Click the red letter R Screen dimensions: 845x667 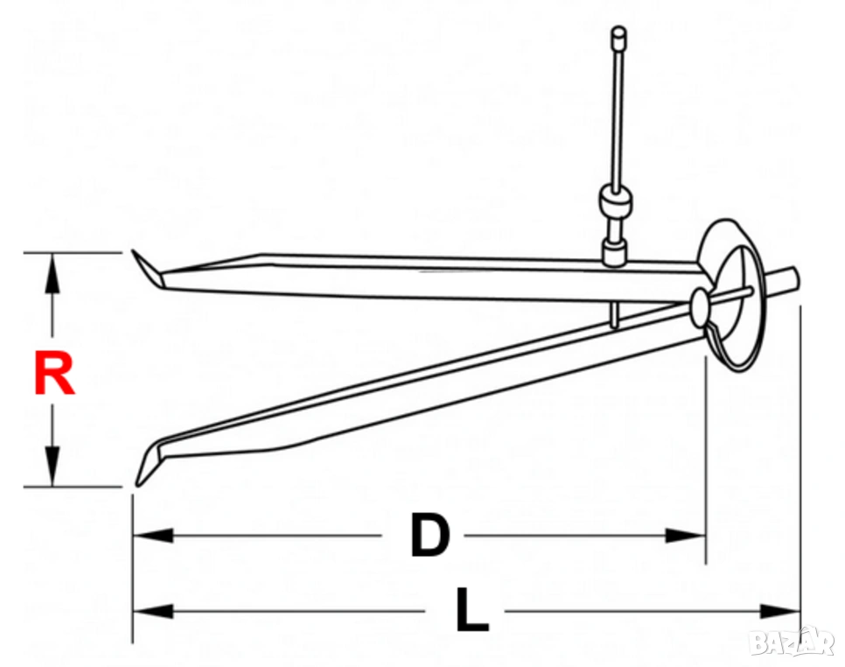coord(54,373)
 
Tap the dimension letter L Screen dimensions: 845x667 coord(472,610)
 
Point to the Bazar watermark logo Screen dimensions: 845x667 coord(793,642)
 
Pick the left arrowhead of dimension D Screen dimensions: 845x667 coord(153,536)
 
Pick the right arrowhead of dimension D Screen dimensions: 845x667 coord(685,536)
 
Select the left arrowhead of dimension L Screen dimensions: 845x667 coord(153,612)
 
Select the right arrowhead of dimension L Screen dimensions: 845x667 coord(779,612)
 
